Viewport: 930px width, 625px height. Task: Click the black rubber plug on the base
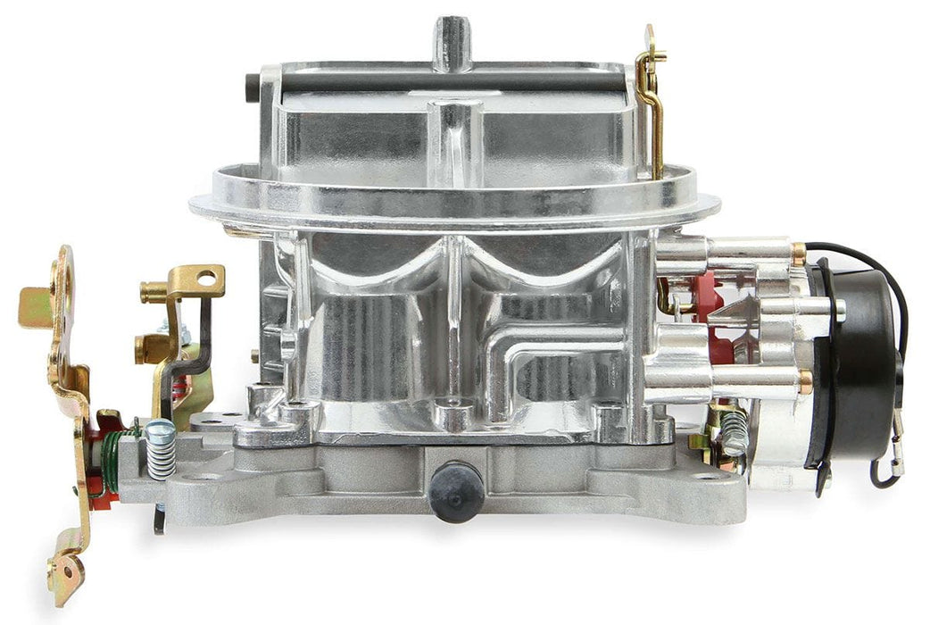pos(456,490)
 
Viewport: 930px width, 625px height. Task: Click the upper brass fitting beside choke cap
pos(798,253)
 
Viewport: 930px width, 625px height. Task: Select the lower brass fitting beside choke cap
pos(806,381)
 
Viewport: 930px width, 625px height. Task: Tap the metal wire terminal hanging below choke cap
pos(895,456)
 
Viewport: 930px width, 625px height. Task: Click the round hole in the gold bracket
pos(208,279)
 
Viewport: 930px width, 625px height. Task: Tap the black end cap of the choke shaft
pos(252,86)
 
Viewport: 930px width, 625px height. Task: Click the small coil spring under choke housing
pos(733,433)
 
